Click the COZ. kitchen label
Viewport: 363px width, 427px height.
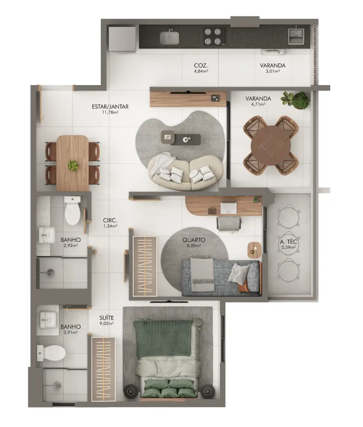(201, 65)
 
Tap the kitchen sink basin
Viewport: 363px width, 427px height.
(169, 38)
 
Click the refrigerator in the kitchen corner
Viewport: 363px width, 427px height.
(122, 39)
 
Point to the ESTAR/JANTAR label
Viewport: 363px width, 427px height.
(110, 106)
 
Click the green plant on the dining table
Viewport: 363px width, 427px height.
(73, 165)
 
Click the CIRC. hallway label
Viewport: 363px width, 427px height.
(110, 220)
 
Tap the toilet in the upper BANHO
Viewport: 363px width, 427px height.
(73, 211)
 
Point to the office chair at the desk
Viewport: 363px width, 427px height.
(230, 223)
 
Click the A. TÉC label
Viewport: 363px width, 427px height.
(288, 242)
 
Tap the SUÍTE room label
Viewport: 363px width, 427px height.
(107, 317)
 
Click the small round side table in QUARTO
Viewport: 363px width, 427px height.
(254, 249)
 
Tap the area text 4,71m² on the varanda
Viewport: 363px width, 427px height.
(258, 105)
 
